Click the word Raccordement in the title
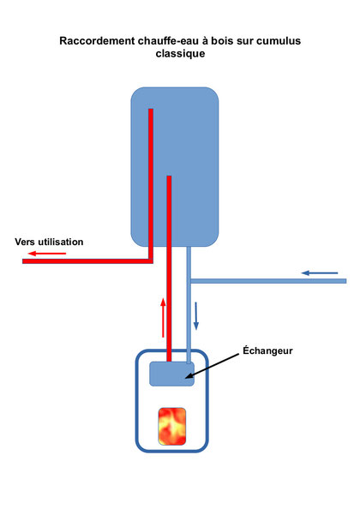pos(97,41)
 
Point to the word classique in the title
pos(180,54)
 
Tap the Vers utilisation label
pos(49,242)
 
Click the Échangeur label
pos(267,350)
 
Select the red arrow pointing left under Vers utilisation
pos(47,253)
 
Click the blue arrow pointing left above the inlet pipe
pos(320,273)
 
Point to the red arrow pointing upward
pos(163,318)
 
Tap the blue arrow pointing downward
pos(195,316)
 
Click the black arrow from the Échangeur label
pos(212,366)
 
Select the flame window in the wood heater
pos(172,427)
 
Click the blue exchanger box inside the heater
pos(171,374)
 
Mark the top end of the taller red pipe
pos(151,110)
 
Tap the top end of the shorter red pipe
pos(169,177)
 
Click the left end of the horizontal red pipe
pos(23,261)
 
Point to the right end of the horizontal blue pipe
pos(345,281)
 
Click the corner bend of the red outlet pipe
pos(151,261)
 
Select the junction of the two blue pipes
pos(189,281)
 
